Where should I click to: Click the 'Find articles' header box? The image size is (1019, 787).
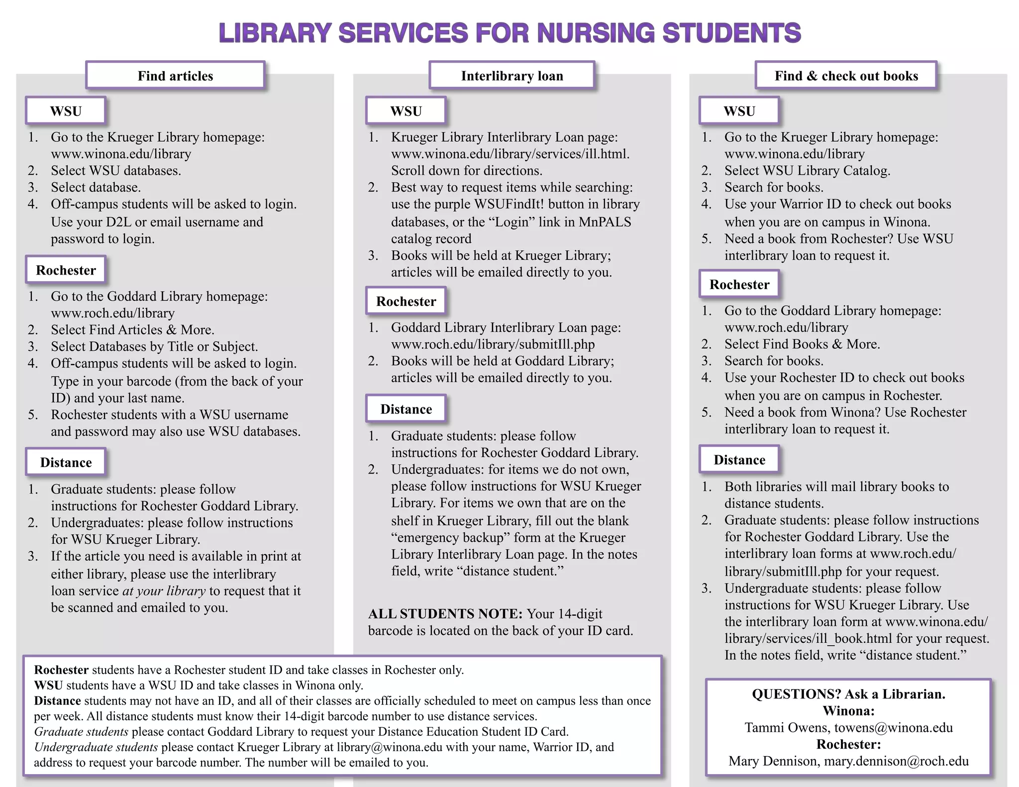175,76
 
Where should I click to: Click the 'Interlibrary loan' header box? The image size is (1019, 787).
512,76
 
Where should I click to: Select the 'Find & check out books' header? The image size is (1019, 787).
846,76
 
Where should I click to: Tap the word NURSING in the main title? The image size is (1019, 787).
596,33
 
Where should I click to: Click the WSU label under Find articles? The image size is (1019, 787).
66,111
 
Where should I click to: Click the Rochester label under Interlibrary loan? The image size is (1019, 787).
406,301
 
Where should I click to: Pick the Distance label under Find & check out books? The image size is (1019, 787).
739,460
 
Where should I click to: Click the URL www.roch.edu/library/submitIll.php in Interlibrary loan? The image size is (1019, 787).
493,344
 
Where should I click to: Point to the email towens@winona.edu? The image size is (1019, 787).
893,728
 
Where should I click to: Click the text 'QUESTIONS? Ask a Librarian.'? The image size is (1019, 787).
848,694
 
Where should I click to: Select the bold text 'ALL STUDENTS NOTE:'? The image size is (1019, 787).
445,614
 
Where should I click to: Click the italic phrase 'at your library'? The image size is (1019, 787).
164,591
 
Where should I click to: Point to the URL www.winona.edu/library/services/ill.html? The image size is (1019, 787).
510,154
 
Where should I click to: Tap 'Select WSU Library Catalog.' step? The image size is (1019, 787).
807,171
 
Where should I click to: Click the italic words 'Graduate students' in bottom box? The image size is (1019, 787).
81,732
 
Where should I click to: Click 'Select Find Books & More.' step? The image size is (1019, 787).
802,344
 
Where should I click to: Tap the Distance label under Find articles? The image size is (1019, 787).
66,463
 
